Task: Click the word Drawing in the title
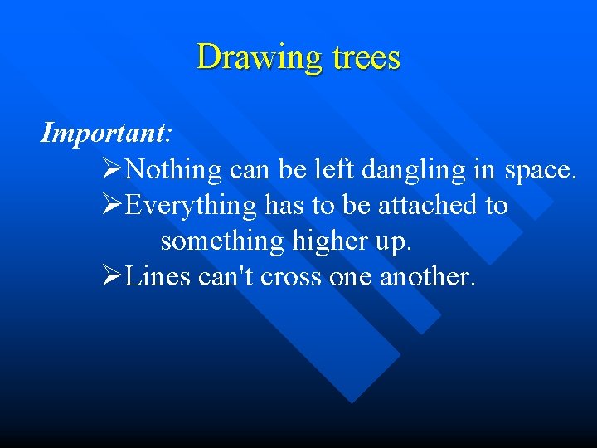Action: pyautogui.click(x=250, y=58)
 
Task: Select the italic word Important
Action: pyautogui.click(x=103, y=132)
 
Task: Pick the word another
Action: pyautogui.click(x=427, y=276)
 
